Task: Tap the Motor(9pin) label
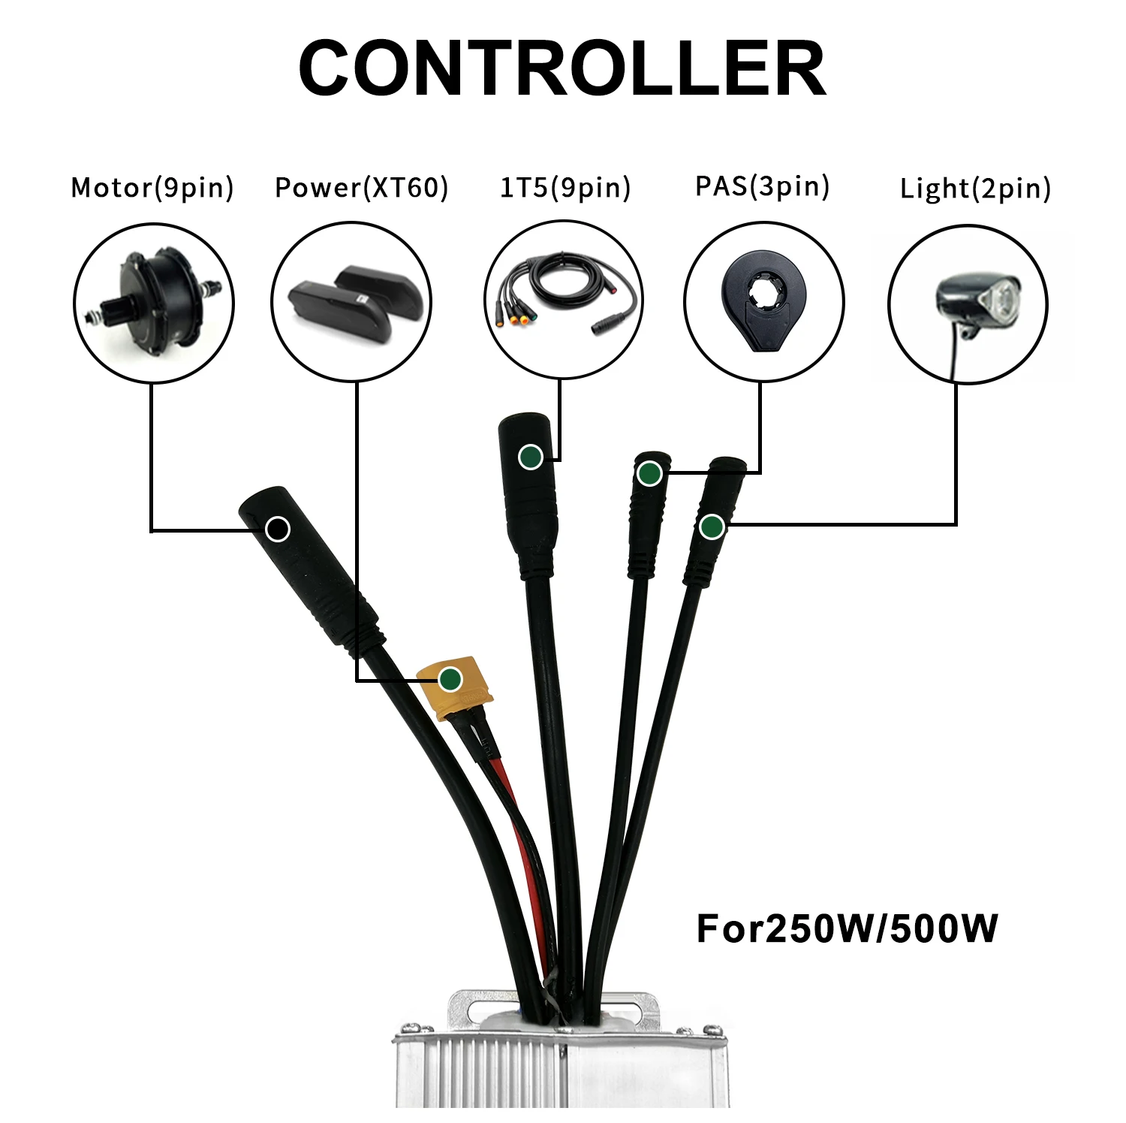pos(152,187)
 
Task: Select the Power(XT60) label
pos(362,187)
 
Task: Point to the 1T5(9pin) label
pos(565,187)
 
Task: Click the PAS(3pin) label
pos(762,186)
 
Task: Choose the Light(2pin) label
pos(975,188)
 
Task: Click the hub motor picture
pos(154,303)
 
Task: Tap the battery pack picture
pos(351,302)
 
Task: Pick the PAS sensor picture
pos(763,302)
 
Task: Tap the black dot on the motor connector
pos(278,529)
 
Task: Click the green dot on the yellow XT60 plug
pos(450,679)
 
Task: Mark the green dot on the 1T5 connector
pos(531,456)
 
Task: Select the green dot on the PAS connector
pos(649,474)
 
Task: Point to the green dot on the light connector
pos(712,527)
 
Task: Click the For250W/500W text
pos(847,928)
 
